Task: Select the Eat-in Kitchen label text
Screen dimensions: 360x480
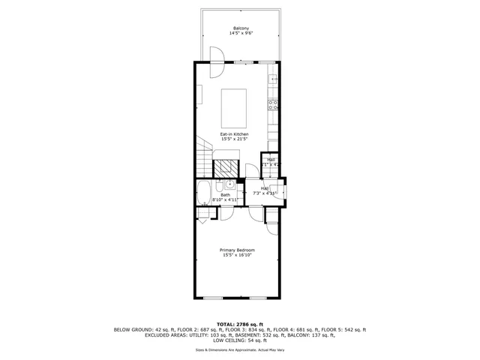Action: [x=234, y=134]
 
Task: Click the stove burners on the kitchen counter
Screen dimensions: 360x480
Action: [x=274, y=105]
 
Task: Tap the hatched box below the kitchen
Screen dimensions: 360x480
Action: [x=226, y=168]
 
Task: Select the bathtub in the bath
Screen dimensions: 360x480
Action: [x=203, y=193]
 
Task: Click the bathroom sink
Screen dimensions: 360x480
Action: [x=227, y=184]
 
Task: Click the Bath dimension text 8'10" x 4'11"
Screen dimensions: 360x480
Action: [x=225, y=200]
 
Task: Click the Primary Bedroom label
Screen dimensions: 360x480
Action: [x=237, y=250]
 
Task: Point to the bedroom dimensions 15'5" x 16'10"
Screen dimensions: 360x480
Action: [x=237, y=255]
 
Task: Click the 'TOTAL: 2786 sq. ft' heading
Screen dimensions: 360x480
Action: [x=240, y=324]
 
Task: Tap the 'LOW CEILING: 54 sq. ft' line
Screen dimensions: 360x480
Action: [x=240, y=340]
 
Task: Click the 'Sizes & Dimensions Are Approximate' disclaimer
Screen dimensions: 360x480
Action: [x=240, y=350]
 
